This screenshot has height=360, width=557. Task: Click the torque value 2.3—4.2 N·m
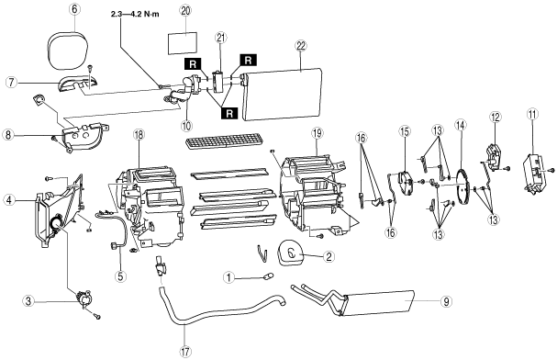click(135, 14)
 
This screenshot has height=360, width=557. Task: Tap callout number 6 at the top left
click(74, 9)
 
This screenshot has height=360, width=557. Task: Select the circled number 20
click(185, 11)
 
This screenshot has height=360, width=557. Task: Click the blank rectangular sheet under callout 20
click(183, 44)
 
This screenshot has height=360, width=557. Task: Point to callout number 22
click(301, 46)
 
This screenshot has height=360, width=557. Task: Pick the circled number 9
click(446, 302)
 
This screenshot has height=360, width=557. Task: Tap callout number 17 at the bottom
click(185, 352)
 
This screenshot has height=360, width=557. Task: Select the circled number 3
click(28, 301)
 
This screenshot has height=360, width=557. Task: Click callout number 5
click(121, 276)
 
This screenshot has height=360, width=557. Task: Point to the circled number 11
click(532, 114)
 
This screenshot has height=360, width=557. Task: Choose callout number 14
click(461, 125)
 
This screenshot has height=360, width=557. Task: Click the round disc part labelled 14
click(462, 188)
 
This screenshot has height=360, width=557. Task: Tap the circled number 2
click(329, 256)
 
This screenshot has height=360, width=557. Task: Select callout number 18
click(138, 135)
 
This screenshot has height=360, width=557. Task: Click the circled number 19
click(317, 134)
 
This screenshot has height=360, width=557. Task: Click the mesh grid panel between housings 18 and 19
click(225, 141)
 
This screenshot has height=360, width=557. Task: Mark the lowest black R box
click(229, 113)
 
